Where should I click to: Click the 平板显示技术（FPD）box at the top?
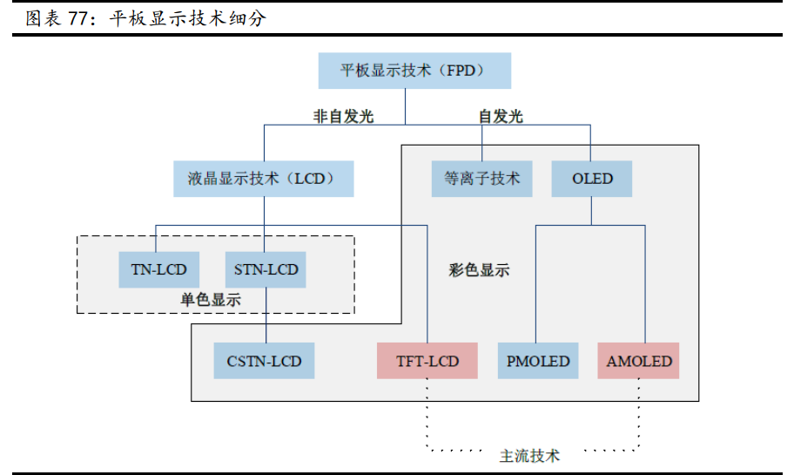click(414, 71)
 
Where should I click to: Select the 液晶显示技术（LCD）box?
click(264, 179)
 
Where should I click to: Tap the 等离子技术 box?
click(481, 179)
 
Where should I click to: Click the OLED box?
click(592, 179)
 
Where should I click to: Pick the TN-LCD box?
click(158, 269)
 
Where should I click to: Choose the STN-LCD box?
click(266, 269)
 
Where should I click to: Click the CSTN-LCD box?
click(264, 361)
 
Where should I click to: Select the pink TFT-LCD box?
click(427, 361)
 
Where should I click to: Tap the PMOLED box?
click(537, 361)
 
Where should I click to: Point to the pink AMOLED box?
click(639, 361)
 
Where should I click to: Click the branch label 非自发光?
click(343, 116)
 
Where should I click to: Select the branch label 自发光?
click(501, 116)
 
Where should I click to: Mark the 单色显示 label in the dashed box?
click(211, 300)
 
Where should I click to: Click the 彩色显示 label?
click(480, 270)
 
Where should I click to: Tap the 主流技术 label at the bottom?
click(529, 455)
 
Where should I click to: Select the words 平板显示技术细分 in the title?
click(187, 18)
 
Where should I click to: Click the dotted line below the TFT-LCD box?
click(427, 414)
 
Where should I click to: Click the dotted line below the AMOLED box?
click(644, 414)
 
